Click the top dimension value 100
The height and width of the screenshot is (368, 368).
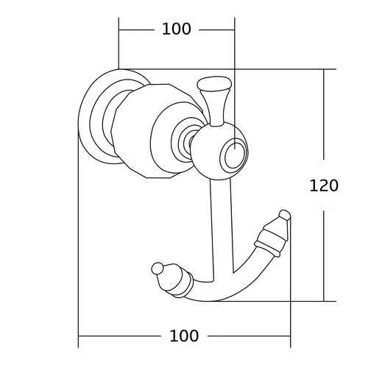point(177,29)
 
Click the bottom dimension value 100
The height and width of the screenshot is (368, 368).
point(184,336)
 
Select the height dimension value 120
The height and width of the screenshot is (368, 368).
point(324,185)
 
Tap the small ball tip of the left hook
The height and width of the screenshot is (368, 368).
point(158,269)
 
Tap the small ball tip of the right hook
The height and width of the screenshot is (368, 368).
point(285,215)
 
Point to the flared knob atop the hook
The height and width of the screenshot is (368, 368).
point(214,101)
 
